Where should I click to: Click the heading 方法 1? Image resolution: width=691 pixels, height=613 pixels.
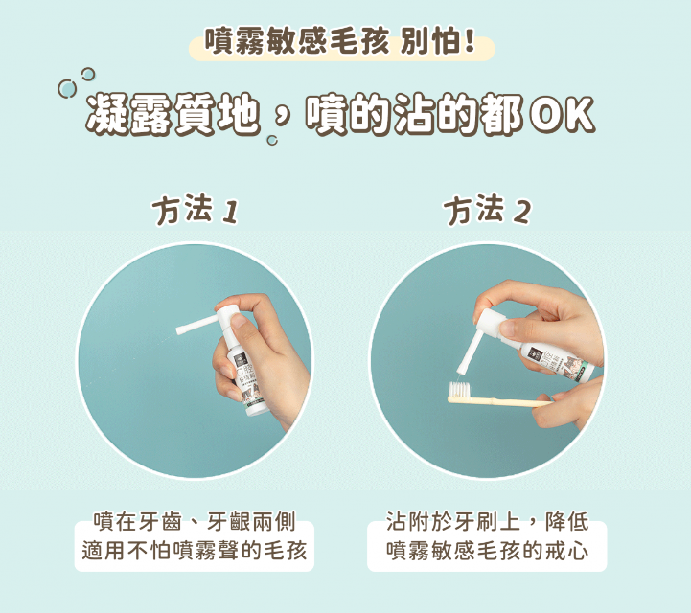click(x=196, y=210)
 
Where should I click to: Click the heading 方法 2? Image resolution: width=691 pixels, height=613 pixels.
click(x=488, y=210)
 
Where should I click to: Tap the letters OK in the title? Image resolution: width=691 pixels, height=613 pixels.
click(x=562, y=115)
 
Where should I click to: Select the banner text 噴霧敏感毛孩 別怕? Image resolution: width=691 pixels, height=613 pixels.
click(x=339, y=42)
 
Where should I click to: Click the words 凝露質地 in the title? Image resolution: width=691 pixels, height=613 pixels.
click(x=173, y=114)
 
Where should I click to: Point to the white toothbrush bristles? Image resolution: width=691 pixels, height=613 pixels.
click(x=460, y=389)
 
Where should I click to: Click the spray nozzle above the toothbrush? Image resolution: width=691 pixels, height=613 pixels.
click(x=466, y=352)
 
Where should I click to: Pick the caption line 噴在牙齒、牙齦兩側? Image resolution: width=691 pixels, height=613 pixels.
click(x=195, y=522)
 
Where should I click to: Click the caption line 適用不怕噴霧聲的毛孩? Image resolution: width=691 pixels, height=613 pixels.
click(x=195, y=551)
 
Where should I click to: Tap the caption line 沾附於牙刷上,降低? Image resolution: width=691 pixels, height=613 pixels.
click(x=488, y=522)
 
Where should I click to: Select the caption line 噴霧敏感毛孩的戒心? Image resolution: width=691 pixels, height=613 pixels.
click(x=488, y=551)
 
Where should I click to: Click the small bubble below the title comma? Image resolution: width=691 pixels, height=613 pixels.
click(x=272, y=141)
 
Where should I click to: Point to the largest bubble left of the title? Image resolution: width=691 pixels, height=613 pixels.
click(x=67, y=89)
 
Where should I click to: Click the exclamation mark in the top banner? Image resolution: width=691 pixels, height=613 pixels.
click(x=469, y=41)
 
